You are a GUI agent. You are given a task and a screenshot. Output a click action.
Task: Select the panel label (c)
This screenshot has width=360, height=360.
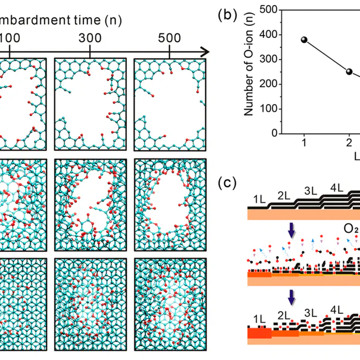tap(227, 182)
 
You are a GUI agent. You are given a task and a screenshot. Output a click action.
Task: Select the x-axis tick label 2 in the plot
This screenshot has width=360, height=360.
tap(349, 143)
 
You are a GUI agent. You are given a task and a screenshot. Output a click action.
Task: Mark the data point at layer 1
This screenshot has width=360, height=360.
tap(304, 40)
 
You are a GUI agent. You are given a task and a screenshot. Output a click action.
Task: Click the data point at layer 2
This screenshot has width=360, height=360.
tap(349, 71)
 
